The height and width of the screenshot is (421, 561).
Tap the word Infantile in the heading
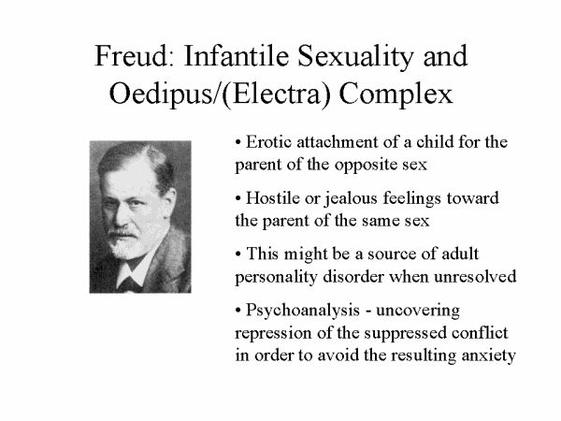[237, 56]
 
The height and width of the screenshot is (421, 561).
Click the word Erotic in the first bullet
[268, 142]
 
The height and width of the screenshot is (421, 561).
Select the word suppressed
[406, 334]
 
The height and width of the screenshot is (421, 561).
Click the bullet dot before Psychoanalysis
[238, 311]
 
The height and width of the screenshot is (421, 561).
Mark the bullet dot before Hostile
[238, 198]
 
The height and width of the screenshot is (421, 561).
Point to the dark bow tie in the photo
[130, 283]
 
